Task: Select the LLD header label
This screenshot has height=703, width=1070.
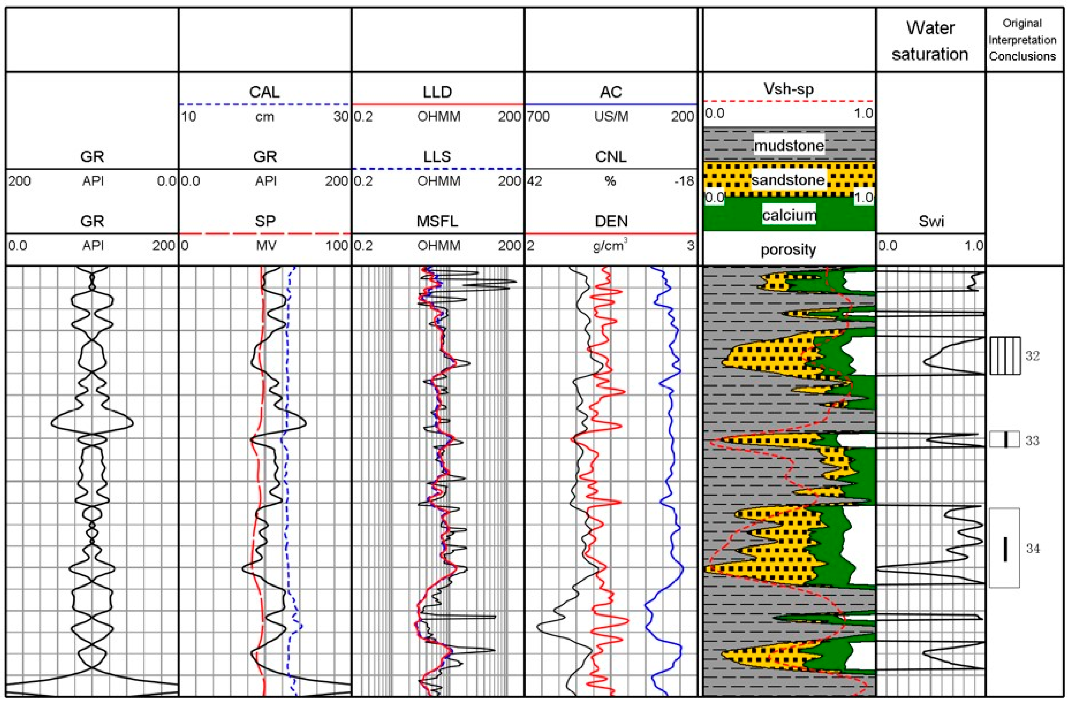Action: pos(437,92)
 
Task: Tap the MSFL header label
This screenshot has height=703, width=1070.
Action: pos(437,221)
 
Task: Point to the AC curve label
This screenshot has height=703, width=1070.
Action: pos(611,92)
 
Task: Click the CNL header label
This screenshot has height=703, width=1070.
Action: pos(611,156)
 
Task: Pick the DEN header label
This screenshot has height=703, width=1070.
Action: pos(611,221)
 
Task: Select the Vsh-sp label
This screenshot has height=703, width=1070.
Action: pos(789,89)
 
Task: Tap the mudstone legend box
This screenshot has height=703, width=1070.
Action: pos(789,145)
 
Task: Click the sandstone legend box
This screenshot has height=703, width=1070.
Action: pos(789,180)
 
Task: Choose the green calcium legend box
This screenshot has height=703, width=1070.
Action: pos(789,216)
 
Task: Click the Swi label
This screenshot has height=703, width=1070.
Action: pos(930,221)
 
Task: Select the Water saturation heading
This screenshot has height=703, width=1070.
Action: pos(930,41)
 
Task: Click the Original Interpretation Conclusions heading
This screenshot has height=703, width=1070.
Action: pos(1022,40)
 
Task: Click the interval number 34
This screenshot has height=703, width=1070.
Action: pos(1033,549)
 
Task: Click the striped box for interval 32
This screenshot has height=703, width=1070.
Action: pos(1005,355)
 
